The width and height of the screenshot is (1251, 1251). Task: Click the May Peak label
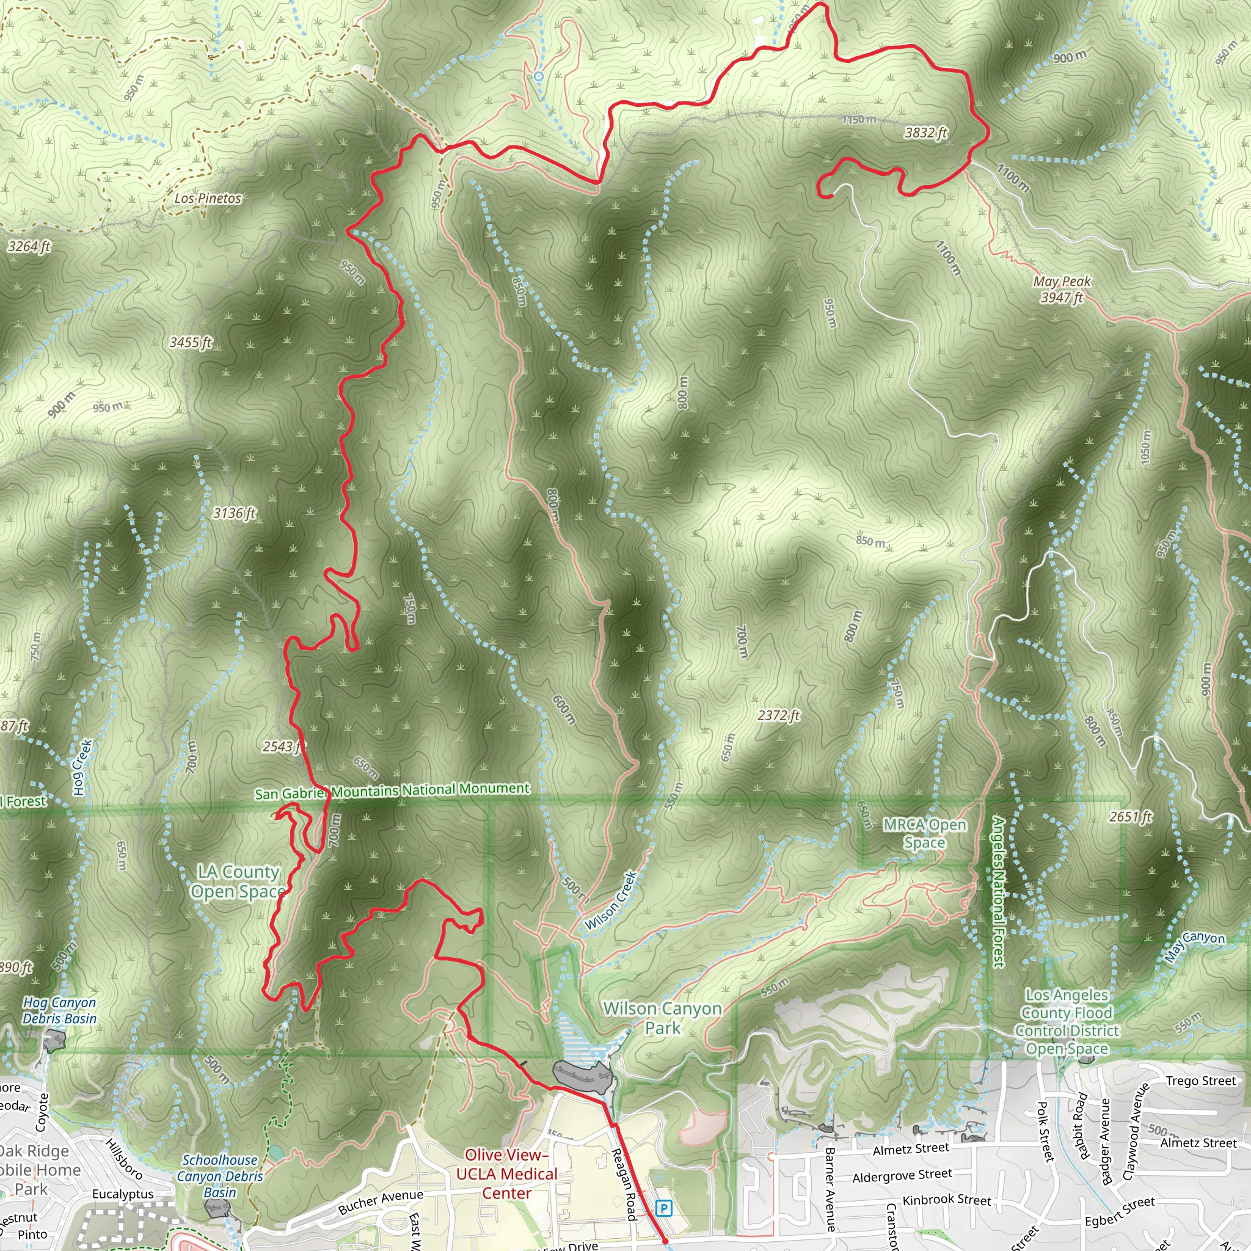pos(1062,282)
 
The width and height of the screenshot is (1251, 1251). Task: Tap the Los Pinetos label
pos(208,198)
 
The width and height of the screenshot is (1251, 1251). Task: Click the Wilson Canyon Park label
pos(662,1018)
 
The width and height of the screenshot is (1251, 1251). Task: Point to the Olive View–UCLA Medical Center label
pos(506,1174)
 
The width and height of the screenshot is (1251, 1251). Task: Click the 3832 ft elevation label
pos(925,133)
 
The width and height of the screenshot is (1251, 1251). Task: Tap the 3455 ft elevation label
pos(191,342)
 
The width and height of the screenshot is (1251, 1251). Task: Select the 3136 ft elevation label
pos(235,513)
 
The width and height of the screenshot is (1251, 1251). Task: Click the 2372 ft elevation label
pos(778,715)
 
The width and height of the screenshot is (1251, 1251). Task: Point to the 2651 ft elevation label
pos(1131,817)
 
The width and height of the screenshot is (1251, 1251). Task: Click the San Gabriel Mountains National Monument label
pos(392,790)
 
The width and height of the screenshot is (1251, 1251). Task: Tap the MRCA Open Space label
pos(925,833)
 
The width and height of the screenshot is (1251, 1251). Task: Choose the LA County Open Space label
pos(238,881)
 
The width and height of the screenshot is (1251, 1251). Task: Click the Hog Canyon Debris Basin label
pos(60,1010)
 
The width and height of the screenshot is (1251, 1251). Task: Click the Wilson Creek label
pos(611,901)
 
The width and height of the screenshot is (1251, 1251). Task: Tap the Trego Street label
pos(1200,1081)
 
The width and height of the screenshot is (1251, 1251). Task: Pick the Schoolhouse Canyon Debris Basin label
pos(220,1176)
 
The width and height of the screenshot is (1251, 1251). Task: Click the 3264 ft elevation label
pos(29,246)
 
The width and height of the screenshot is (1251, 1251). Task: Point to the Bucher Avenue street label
pos(380,1202)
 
